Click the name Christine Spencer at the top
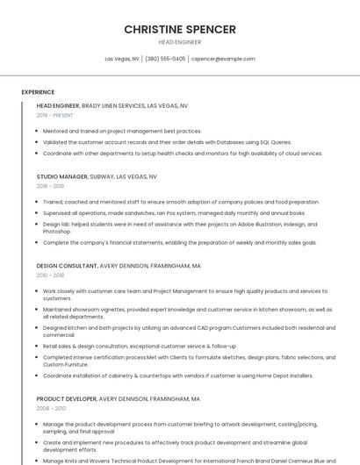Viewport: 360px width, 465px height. coord(179,29)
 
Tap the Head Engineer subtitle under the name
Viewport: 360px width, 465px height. coord(179,42)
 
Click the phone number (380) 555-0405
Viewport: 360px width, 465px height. coord(165,59)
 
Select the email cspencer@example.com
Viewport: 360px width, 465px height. coord(223,59)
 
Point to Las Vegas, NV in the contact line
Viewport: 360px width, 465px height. coord(122,59)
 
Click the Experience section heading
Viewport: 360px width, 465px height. coord(38,91)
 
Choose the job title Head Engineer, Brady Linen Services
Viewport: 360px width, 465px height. coord(112,105)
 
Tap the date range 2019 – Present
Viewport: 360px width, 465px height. coord(55,115)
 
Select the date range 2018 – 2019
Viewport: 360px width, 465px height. coord(50,186)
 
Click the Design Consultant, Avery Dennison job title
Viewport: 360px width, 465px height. coord(119,265)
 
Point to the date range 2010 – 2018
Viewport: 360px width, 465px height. coord(50,275)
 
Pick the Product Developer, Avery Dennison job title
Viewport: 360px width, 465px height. coord(118,398)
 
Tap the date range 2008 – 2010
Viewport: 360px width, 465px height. coord(51,408)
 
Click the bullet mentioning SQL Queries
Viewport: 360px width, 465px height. coord(167,141)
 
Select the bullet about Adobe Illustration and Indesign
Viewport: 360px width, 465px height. coord(180,227)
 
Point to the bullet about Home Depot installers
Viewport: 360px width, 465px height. coord(177,376)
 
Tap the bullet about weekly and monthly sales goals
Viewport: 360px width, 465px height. coord(179,242)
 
